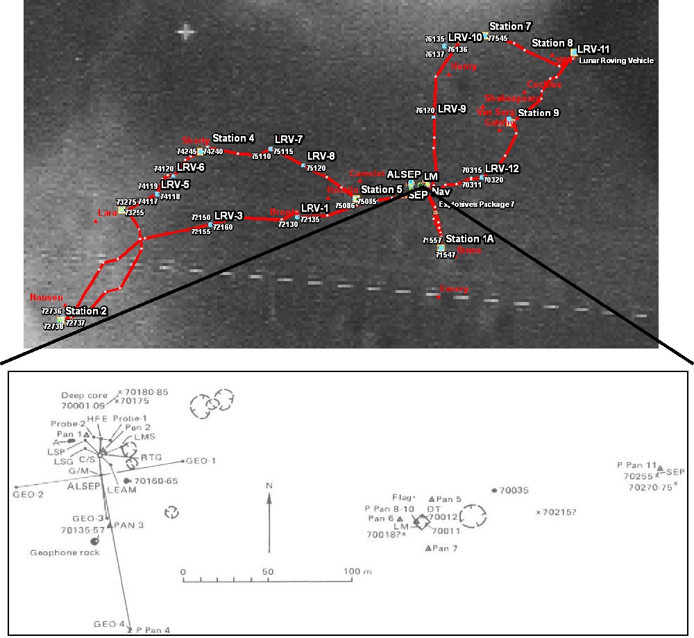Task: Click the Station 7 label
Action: [x=510, y=26]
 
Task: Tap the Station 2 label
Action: [x=86, y=310]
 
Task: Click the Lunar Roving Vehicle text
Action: [x=616, y=61]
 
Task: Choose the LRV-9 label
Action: [x=452, y=109]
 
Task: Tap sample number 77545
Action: [x=498, y=39]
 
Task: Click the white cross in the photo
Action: [x=185, y=31]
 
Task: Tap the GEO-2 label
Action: [x=28, y=494]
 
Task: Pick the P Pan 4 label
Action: [x=153, y=630]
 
